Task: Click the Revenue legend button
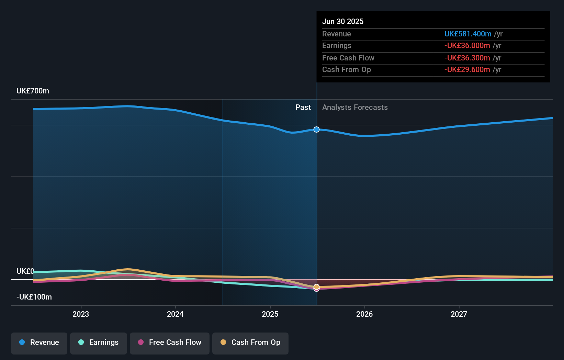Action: pyautogui.click(x=39, y=343)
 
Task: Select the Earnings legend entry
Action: pyautogui.click(x=99, y=343)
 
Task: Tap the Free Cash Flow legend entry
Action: pyautogui.click(x=170, y=343)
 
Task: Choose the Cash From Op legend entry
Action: pyautogui.click(x=250, y=343)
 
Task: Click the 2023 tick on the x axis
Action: pyautogui.click(x=81, y=314)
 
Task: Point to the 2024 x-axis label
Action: pyautogui.click(x=175, y=314)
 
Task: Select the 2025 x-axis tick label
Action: pyautogui.click(x=270, y=314)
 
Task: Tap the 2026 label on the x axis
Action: pyautogui.click(x=364, y=314)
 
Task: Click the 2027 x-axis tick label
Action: pyautogui.click(x=459, y=314)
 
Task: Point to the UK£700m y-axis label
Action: pyautogui.click(x=33, y=91)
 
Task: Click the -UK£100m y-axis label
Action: pyautogui.click(x=34, y=297)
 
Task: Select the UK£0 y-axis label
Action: pyautogui.click(x=25, y=271)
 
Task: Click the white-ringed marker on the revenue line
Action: pyautogui.click(x=317, y=130)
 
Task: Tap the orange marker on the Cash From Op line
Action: pyautogui.click(x=317, y=286)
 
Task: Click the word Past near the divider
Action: pyautogui.click(x=303, y=107)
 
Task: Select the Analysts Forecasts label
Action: pyautogui.click(x=355, y=107)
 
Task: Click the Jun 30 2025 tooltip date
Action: pyautogui.click(x=342, y=21)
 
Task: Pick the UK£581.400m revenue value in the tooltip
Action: pyautogui.click(x=467, y=34)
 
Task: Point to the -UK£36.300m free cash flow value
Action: pyautogui.click(x=467, y=58)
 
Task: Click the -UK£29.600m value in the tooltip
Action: pyautogui.click(x=467, y=69)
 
